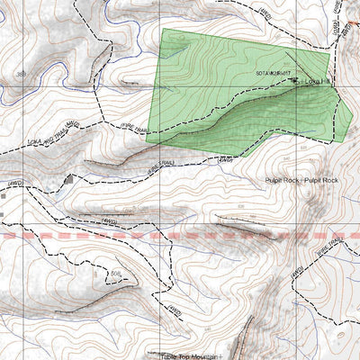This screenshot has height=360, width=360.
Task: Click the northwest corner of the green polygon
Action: pyautogui.click(x=163, y=29)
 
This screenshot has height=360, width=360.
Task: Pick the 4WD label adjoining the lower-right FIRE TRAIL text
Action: pyautogui.click(x=296, y=269)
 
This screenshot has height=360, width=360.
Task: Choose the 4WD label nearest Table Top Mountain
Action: pyautogui.click(x=175, y=310)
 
